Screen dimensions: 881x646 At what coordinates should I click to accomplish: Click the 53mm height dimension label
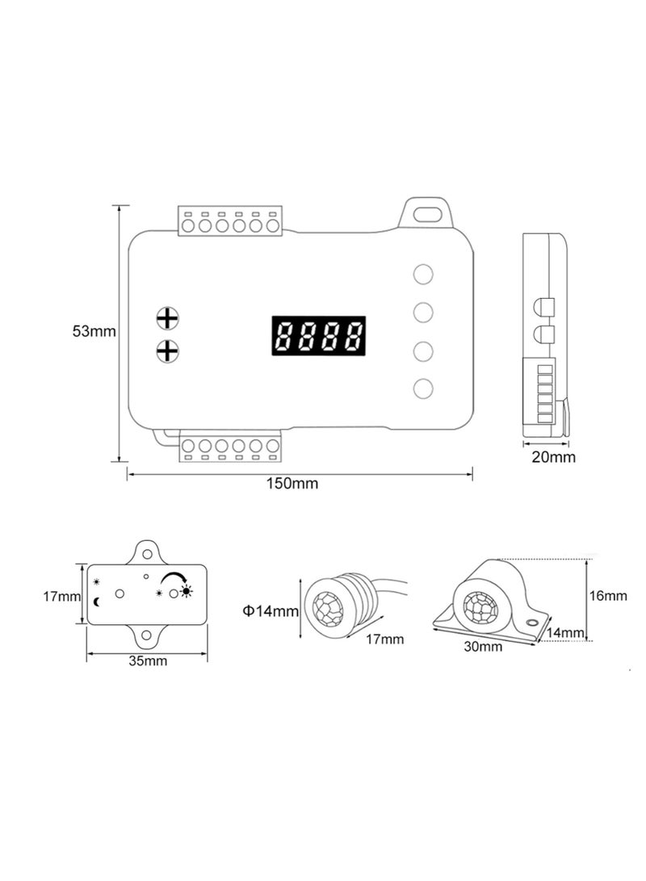[x=94, y=331]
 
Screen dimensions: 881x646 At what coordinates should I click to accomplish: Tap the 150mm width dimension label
[x=292, y=484]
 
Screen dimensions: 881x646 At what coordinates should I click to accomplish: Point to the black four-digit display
[x=317, y=335]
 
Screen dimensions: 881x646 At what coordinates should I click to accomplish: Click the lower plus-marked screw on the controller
[x=167, y=351]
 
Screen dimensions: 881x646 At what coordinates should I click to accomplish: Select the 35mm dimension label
[x=148, y=661]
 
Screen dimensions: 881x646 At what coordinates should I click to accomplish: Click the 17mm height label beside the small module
[x=61, y=597]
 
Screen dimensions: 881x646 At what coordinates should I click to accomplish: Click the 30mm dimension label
[x=484, y=646]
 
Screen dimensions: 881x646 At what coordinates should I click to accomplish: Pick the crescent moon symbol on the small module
[x=97, y=601]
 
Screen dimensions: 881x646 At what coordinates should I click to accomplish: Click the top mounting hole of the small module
[x=148, y=553]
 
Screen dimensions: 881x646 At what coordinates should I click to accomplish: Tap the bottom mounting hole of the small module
[x=147, y=636]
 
